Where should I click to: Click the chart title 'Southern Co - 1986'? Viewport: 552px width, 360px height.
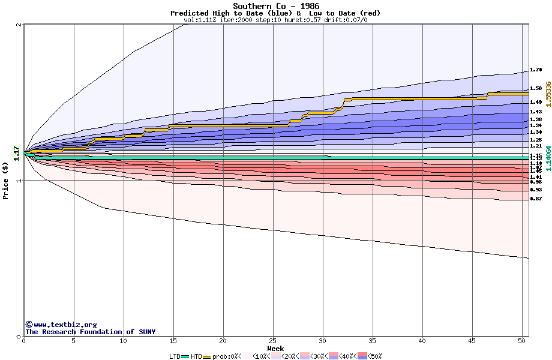[275, 6]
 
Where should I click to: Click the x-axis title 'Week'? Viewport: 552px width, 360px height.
[275, 348]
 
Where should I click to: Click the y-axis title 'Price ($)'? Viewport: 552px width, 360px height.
[6, 181]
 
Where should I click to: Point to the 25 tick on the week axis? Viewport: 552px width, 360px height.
[273, 341]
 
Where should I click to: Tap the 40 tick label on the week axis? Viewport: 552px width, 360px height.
[422, 341]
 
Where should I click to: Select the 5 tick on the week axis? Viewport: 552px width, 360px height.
[74, 341]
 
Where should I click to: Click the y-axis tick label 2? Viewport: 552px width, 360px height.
[19, 25]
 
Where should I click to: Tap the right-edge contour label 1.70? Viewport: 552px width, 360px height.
[536, 70]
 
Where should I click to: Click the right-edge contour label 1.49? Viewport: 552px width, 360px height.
[536, 102]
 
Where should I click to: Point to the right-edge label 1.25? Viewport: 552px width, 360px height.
[536, 140]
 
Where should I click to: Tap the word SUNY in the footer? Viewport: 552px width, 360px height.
[146, 332]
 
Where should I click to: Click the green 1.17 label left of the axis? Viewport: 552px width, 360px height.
[17, 154]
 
